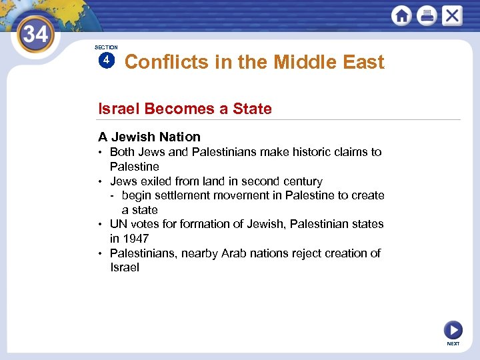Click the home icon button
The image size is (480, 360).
(x=402, y=15)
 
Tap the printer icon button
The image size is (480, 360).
(x=427, y=15)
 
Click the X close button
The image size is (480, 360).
(x=451, y=15)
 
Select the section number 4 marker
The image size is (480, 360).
(x=106, y=61)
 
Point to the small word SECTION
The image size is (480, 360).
(x=106, y=47)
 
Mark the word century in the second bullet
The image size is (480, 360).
(x=302, y=181)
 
